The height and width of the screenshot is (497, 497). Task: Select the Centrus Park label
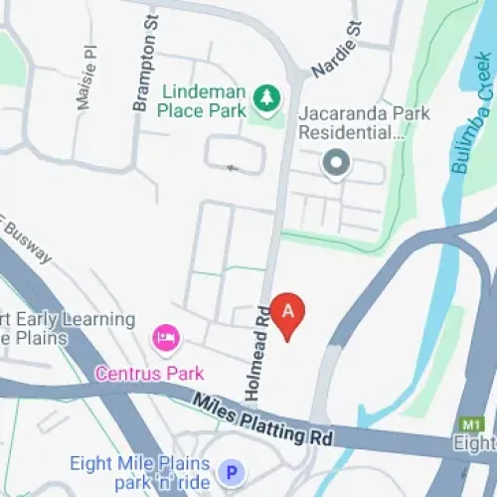(x=149, y=374)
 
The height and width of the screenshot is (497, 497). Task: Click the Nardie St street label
(x=337, y=49)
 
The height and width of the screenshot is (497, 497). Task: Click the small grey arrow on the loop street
(x=234, y=168)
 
